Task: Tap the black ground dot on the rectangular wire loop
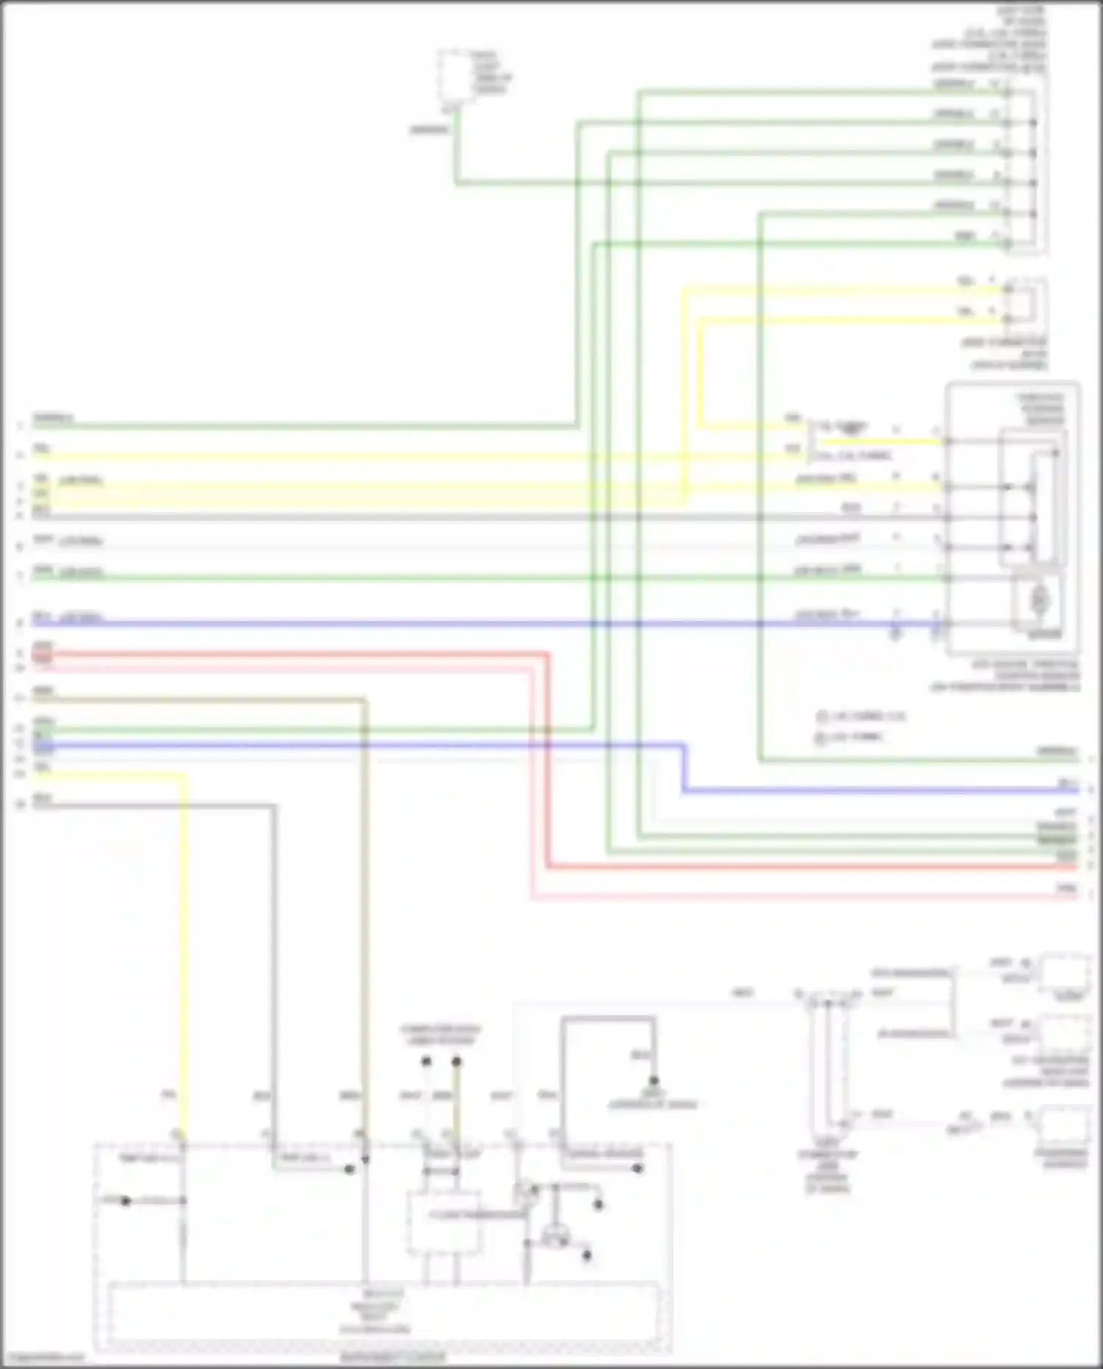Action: pos(653,1081)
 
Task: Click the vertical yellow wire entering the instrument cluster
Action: pos(183,956)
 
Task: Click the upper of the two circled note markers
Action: pos(822,716)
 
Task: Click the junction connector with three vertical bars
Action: pos(827,1059)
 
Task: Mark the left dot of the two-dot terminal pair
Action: pos(425,1062)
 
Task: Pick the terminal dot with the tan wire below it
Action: pos(456,1062)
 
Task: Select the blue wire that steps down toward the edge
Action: pos(882,791)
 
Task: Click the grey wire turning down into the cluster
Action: pos(275,956)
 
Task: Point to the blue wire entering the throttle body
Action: pos(515,624)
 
